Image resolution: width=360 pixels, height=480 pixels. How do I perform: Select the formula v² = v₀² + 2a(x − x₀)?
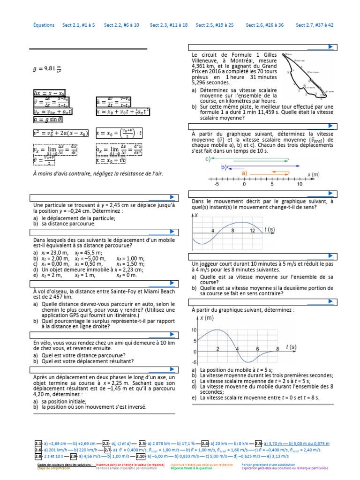click(61, 133)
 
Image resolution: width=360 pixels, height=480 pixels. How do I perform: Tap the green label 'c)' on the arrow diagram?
click(209, 159)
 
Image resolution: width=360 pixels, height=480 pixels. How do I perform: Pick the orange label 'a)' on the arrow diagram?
click(244, 172)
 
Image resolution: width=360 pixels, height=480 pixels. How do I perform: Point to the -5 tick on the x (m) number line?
click(217, 184)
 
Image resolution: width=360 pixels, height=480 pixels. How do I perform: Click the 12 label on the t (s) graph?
click(253, 231)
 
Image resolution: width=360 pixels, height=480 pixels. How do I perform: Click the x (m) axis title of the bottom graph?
click(207, 318)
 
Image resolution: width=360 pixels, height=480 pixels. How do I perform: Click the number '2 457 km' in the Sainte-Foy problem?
click(51, 297)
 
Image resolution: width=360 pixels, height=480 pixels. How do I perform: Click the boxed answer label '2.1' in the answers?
click(38, 443)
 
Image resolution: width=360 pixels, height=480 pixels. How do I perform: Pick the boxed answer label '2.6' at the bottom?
click(38, 449)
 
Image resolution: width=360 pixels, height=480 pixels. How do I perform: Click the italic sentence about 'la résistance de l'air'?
click(97, 173)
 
